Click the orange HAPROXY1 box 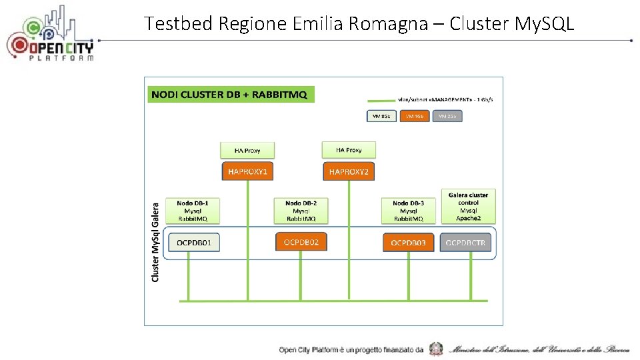pyautogui.click(x=247, y=171)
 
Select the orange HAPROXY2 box pyautogui.click(x=348, y=172)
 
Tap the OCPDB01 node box pyautogui.click(x=194, y=243)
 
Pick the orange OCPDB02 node pyautogui.click(x=301, y=241)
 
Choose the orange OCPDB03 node pyautogui.click(x=408, y=243)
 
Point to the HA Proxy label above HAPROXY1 pyautogui.click(x=247, y=150)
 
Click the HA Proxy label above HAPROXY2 pyautogui.click(x=349, y=150)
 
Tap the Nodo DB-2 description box pyautogui.click(x=301, y=211)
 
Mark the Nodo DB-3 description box pyautogui.click(x=409, y=211)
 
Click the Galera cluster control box pyautogui.click(x=468, y=206)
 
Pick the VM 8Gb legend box pyautogui.click(x=381, y=116)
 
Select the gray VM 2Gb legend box pyautogui.click(x=447, y=116)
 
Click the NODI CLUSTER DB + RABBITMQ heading pyautogui.click(x=229, y=95)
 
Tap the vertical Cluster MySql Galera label pyautogui.click(x=155, y=241)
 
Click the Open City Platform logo pyautogui.click(x=50, y=37)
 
